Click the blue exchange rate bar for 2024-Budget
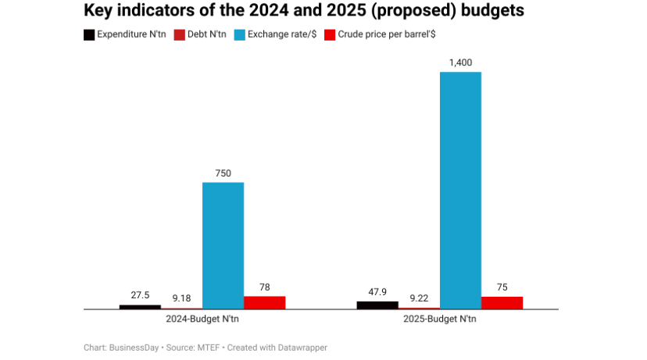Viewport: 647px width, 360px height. click(223, 245)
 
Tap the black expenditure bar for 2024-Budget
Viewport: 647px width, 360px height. click(140, 306)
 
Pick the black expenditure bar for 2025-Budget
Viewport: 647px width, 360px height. click(377, 305)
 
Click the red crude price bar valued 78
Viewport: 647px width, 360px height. click(265, 302)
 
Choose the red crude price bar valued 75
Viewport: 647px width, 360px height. click(502, 302)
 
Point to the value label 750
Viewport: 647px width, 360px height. click(223, 173)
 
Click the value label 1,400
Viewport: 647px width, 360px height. click(460, 62)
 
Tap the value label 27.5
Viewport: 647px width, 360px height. click(140, 295)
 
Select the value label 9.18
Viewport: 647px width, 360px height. click(181, 298)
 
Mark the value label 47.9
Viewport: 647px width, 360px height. click(377, 291)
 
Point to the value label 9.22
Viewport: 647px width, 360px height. click(419, 298)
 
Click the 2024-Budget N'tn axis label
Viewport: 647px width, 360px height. click(202, 319)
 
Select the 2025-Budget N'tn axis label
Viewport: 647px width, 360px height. click(439, 319)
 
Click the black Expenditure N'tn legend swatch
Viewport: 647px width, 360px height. click(89, 35)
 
